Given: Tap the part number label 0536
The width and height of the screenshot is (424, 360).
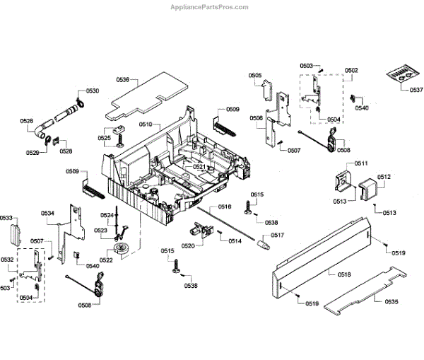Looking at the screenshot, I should point(122,80).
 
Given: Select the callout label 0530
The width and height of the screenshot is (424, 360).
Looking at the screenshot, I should point(93,91).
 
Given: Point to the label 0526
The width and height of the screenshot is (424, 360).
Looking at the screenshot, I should point(26,121).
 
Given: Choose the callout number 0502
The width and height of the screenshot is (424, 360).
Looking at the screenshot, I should point(351,70).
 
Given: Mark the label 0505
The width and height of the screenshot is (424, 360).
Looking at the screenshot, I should point(255,76).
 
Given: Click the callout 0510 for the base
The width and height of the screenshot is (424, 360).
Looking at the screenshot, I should point(146,124).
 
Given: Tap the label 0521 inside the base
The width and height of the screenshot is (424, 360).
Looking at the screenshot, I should point(199,167).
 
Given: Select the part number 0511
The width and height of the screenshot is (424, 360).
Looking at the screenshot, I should point(362,164).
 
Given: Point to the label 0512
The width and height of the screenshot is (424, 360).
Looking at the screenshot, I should point(384,177).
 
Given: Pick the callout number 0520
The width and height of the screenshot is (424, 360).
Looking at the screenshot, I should point(187,245).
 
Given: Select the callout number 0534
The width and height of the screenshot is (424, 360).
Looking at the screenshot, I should point(47,213).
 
